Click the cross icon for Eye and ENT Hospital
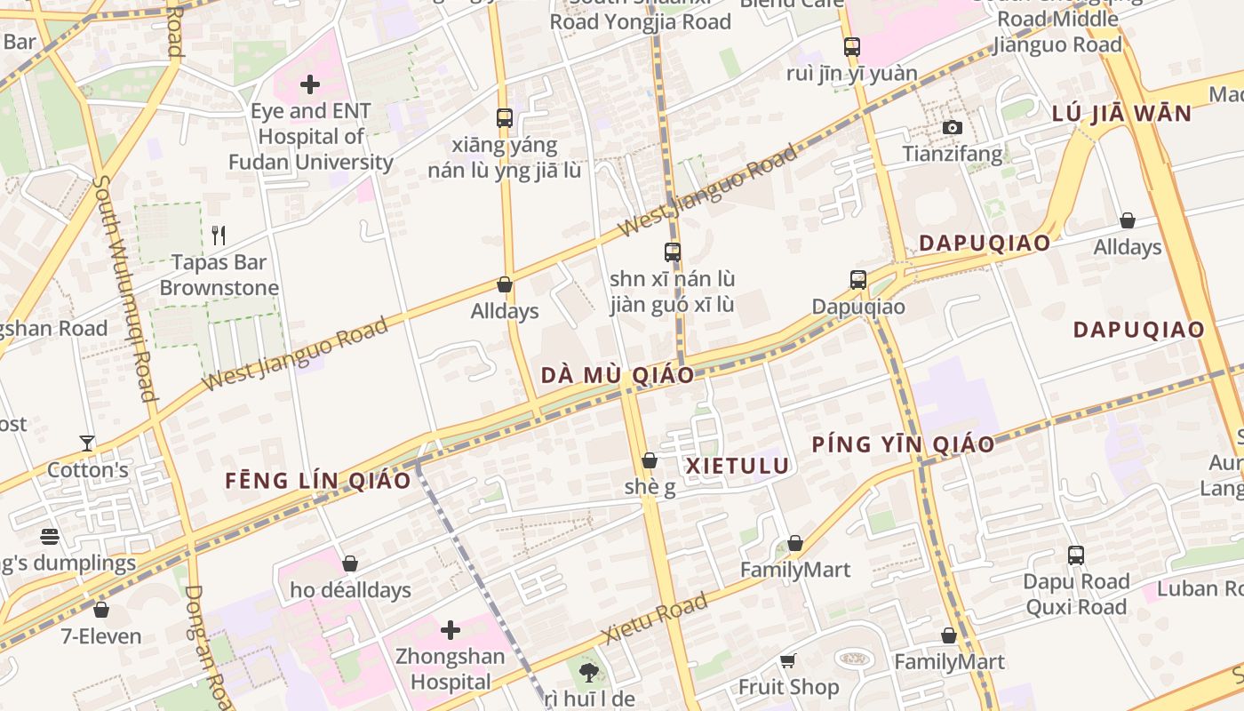310,85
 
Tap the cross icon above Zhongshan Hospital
451,630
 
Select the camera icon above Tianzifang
952,128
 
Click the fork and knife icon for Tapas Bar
219,236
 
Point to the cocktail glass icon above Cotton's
87,443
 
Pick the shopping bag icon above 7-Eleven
101,610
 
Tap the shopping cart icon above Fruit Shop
787,660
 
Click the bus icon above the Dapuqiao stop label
857,280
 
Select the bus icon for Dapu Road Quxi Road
1076,555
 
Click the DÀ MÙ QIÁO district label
618,375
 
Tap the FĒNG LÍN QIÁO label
318,481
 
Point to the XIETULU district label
738,466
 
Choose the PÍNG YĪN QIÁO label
903,444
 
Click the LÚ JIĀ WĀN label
1121,114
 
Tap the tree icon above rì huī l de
588,672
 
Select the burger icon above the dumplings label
50,536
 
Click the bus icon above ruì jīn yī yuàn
851,46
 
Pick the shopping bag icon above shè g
650,460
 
